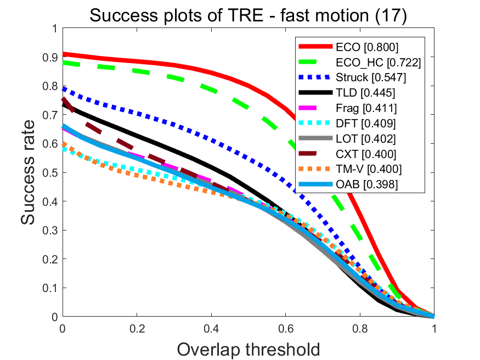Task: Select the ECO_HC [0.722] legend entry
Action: point(379,63)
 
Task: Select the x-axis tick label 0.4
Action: point(211,328)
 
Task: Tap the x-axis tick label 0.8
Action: point(360,328)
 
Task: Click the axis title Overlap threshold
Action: point(248,348)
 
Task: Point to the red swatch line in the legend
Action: point(314,46)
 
